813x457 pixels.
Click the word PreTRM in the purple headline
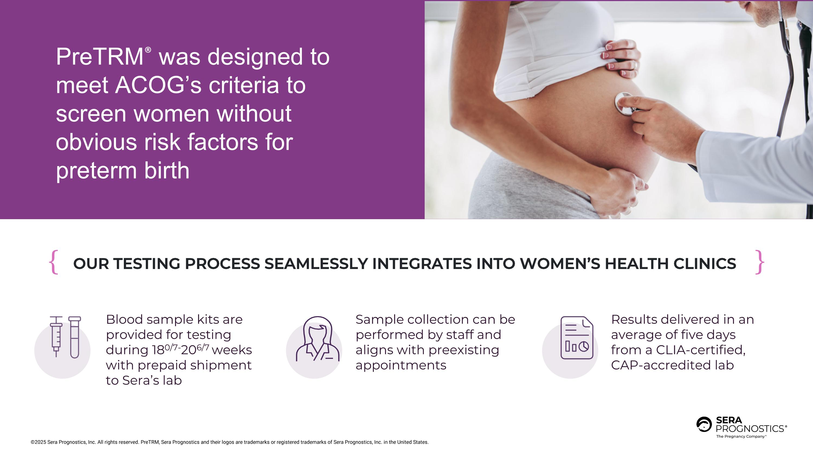[100, 57]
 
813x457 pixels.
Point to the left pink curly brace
[54, 262]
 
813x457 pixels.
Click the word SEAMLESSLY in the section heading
[316, 264]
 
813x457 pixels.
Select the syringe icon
[56, 336]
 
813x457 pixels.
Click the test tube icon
[75, 338]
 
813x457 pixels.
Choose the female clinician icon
[318, 339]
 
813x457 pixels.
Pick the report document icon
[577, 338]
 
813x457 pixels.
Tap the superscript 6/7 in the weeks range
[203, 347]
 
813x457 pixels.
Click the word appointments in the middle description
[401, 365]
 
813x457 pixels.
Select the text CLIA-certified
[701, 350]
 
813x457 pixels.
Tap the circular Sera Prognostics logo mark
[704, 424]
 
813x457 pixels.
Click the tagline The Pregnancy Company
[741, 436]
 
